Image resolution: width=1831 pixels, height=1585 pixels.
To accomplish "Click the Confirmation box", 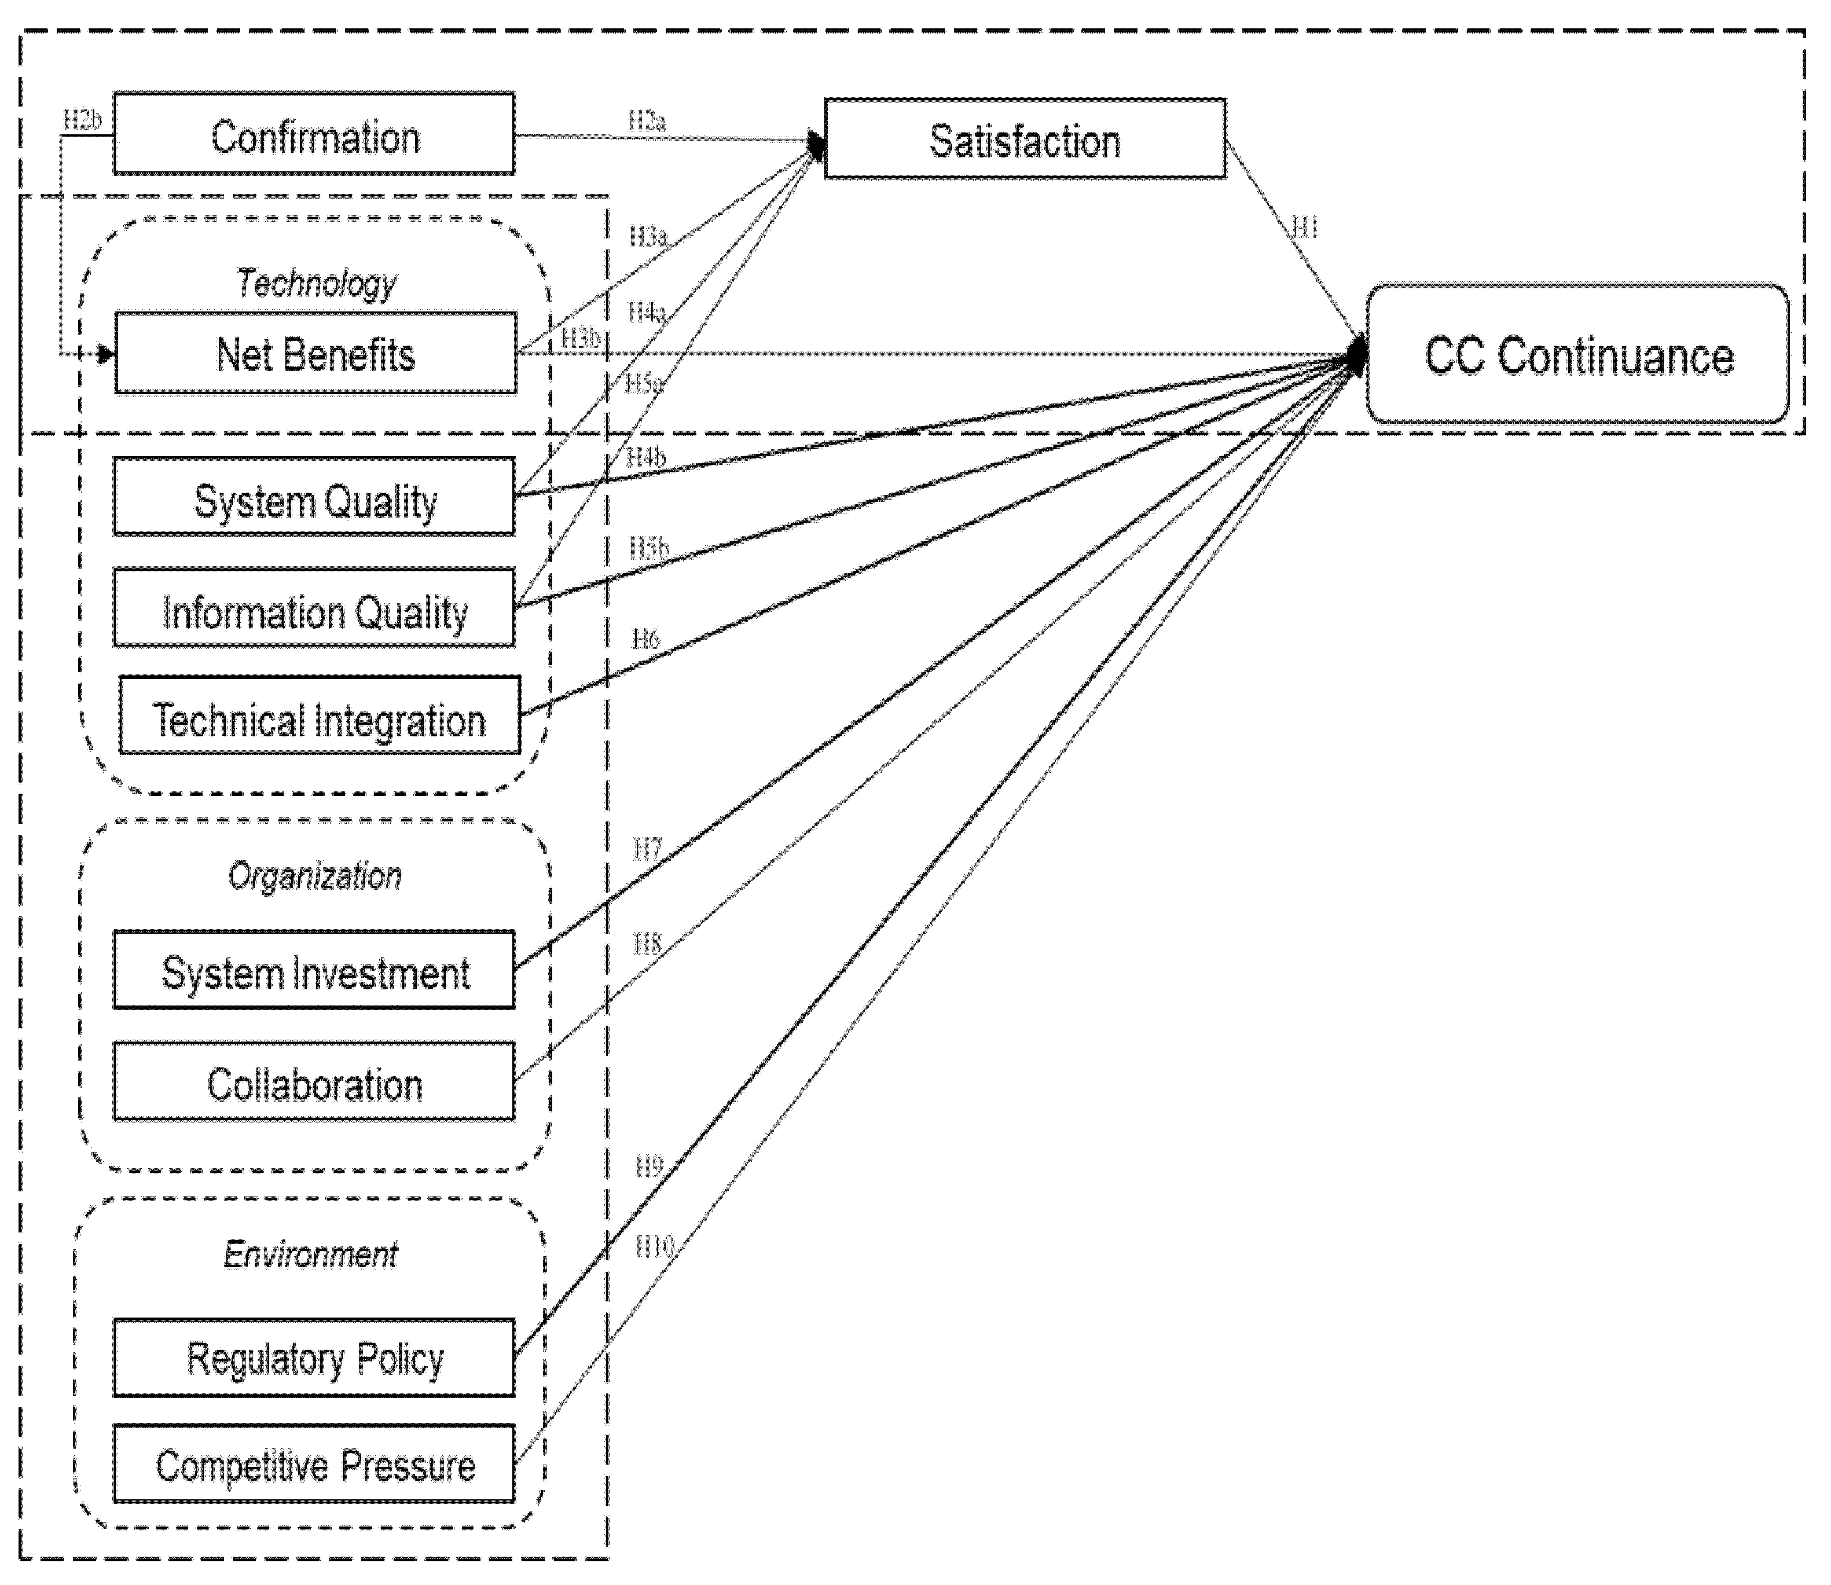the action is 314,134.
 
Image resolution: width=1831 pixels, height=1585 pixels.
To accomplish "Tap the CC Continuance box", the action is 1578,354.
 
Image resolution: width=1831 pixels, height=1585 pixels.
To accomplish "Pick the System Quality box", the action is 314,496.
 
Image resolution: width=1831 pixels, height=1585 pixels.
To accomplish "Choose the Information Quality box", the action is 314,608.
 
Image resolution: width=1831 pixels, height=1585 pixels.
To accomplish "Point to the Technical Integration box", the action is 320,716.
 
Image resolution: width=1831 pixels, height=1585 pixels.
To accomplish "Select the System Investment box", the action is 314,970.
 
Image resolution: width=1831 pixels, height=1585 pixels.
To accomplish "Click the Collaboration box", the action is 314,1081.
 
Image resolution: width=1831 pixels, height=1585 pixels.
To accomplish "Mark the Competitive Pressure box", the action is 314,1464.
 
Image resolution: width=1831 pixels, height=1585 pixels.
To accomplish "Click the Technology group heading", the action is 317,284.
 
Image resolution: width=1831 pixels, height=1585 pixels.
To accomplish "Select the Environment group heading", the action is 310,1254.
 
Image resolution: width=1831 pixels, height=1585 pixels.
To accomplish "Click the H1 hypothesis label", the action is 1305,228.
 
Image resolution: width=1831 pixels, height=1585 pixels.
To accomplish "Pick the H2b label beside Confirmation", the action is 82,119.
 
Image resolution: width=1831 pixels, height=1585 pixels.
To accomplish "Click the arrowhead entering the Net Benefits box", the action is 106,355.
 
